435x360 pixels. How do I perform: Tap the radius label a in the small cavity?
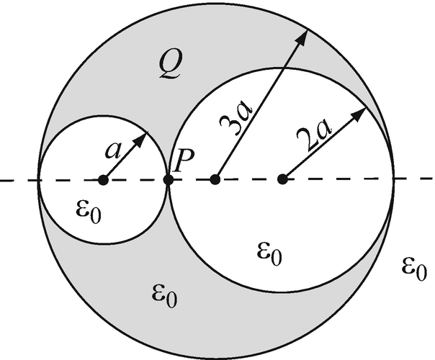113,150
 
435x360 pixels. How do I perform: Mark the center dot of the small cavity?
103,179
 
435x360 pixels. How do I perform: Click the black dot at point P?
168,179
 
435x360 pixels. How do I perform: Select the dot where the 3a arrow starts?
215,179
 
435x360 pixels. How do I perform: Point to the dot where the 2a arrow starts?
282,179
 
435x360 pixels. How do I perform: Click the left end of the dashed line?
2,179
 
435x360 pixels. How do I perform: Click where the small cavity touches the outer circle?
39,179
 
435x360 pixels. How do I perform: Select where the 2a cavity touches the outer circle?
393,179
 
